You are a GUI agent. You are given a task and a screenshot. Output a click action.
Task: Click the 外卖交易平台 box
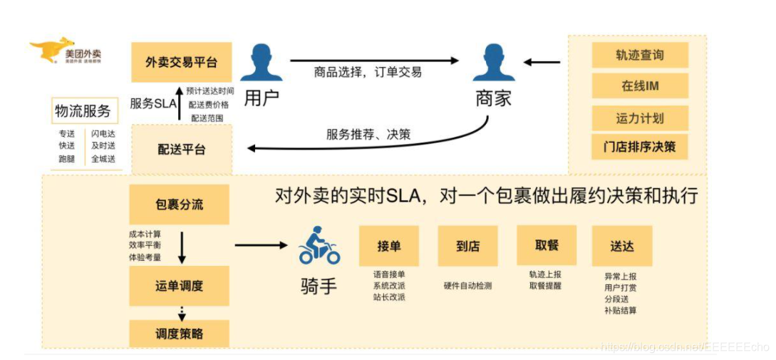click(181, 62)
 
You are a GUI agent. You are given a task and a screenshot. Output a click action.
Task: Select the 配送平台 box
click(181, 149)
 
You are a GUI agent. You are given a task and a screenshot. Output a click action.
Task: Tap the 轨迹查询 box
click(640, 55)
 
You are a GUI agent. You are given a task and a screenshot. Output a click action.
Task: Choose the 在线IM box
click(640, 86)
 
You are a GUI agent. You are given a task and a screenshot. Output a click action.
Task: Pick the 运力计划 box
click(640, 117)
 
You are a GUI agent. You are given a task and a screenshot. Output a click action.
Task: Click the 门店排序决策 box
click(640, 147)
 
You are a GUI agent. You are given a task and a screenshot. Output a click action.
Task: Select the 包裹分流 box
click(180, 205)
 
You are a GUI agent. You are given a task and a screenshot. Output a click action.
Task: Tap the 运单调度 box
click(180, 286)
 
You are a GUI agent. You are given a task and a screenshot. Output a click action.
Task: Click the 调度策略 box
click(180, 333)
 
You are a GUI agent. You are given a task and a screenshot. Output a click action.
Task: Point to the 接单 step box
click(389, 246)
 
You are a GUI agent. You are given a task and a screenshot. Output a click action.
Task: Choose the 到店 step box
click(467, 246)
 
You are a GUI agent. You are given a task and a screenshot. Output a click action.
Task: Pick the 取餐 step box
click(546, 246)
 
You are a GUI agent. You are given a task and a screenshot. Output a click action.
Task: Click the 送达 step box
click(621, 246)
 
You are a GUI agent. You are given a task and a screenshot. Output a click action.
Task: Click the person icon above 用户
click(261, 63)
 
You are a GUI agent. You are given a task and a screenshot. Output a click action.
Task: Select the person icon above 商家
click(493, 63)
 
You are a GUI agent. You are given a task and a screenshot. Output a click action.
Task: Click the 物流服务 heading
click(83, 111)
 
